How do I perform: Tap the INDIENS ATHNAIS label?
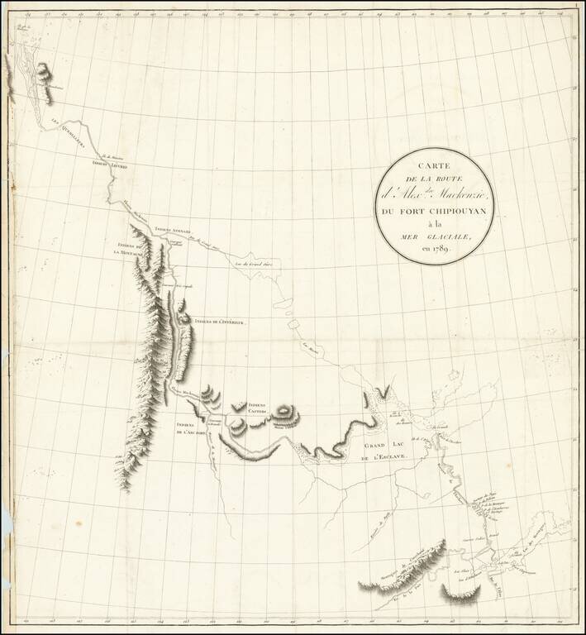[173, 231]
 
